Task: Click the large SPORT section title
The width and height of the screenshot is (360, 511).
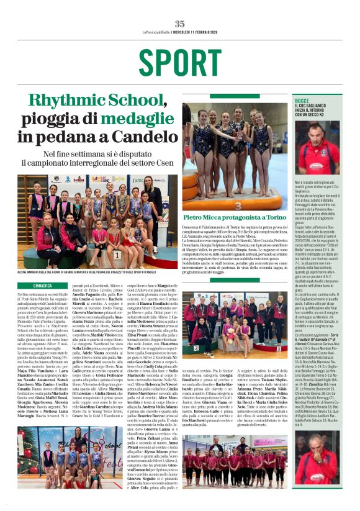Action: click(x=180, y=62)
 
